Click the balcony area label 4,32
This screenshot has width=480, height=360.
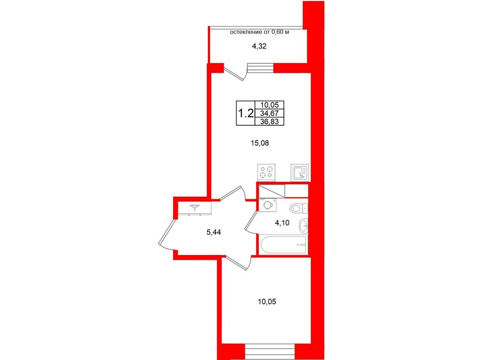tap(259, 46)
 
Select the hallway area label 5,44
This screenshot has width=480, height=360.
tap(214, 233)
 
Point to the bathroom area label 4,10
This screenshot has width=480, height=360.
tap(282, 223)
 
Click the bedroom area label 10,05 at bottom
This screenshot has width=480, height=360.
tap(267, 302)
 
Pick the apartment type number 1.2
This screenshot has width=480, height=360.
tap(245, 114)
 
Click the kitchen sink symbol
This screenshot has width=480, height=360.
tap(300, 172)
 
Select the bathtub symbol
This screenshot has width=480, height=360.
tap(283, 245)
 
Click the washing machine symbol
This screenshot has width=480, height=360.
tap(268, 204)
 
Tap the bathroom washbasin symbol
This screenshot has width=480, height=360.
tap(303, 226)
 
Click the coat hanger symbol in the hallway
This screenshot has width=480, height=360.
tap(194, 208)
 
